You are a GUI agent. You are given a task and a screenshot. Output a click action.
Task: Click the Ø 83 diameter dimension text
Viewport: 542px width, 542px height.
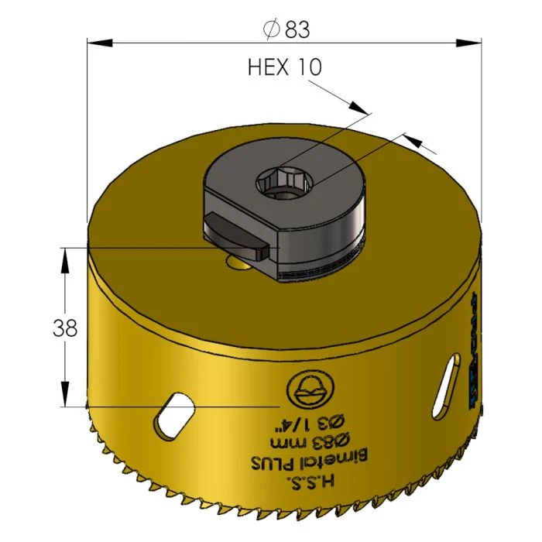pos(286,29)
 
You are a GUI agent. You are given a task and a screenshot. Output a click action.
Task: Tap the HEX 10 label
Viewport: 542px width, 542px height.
pos(284,67)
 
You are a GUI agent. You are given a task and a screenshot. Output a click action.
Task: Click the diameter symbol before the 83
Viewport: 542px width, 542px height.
pos(271,29)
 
